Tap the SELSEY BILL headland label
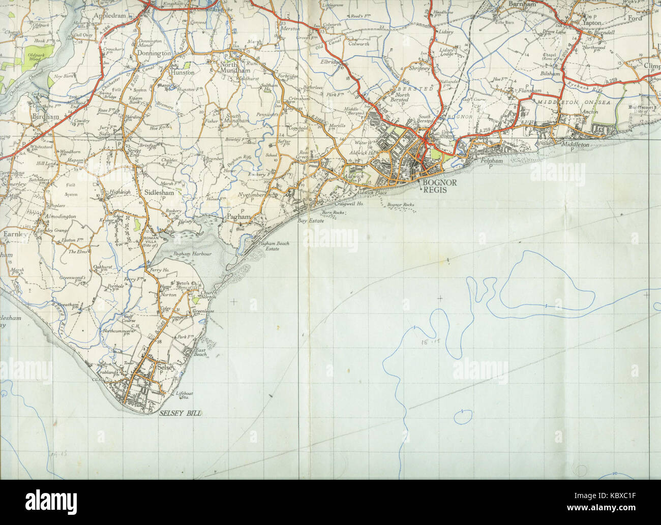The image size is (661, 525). (179, 414)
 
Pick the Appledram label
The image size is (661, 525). (109, 16)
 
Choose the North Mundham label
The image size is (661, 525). (232, 67)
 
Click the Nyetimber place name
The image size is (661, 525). (251, 195)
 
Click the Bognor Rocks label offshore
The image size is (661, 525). (400, 205)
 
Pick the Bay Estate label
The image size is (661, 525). (311, 222)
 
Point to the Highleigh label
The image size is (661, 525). (120, 193)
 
